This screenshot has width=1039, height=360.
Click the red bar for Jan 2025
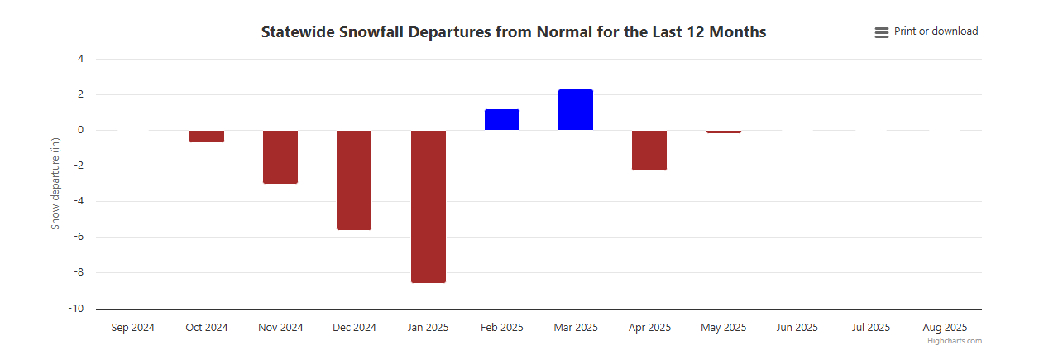428,206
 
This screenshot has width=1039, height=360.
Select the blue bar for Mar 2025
576,110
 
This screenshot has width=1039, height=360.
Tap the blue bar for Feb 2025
501,120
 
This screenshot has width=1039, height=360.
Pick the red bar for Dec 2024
354,180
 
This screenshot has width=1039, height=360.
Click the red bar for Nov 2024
280,156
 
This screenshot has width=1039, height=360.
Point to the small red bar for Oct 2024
207,137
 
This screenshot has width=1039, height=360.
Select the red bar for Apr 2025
649,150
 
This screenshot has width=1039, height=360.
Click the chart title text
513,32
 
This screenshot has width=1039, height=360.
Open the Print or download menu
926,31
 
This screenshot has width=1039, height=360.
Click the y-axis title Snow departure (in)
55,184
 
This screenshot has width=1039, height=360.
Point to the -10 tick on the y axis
76,309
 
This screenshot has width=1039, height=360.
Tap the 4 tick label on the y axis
80,59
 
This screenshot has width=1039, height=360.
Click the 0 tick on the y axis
80,130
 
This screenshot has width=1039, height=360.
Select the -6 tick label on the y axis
79,237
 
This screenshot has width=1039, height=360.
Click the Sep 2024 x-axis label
132,328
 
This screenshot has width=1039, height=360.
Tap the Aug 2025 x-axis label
945,328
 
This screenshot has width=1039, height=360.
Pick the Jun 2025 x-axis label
797,328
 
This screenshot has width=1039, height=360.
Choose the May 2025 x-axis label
723,328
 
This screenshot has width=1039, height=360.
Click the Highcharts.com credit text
955,341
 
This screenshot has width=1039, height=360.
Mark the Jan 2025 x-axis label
428,328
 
